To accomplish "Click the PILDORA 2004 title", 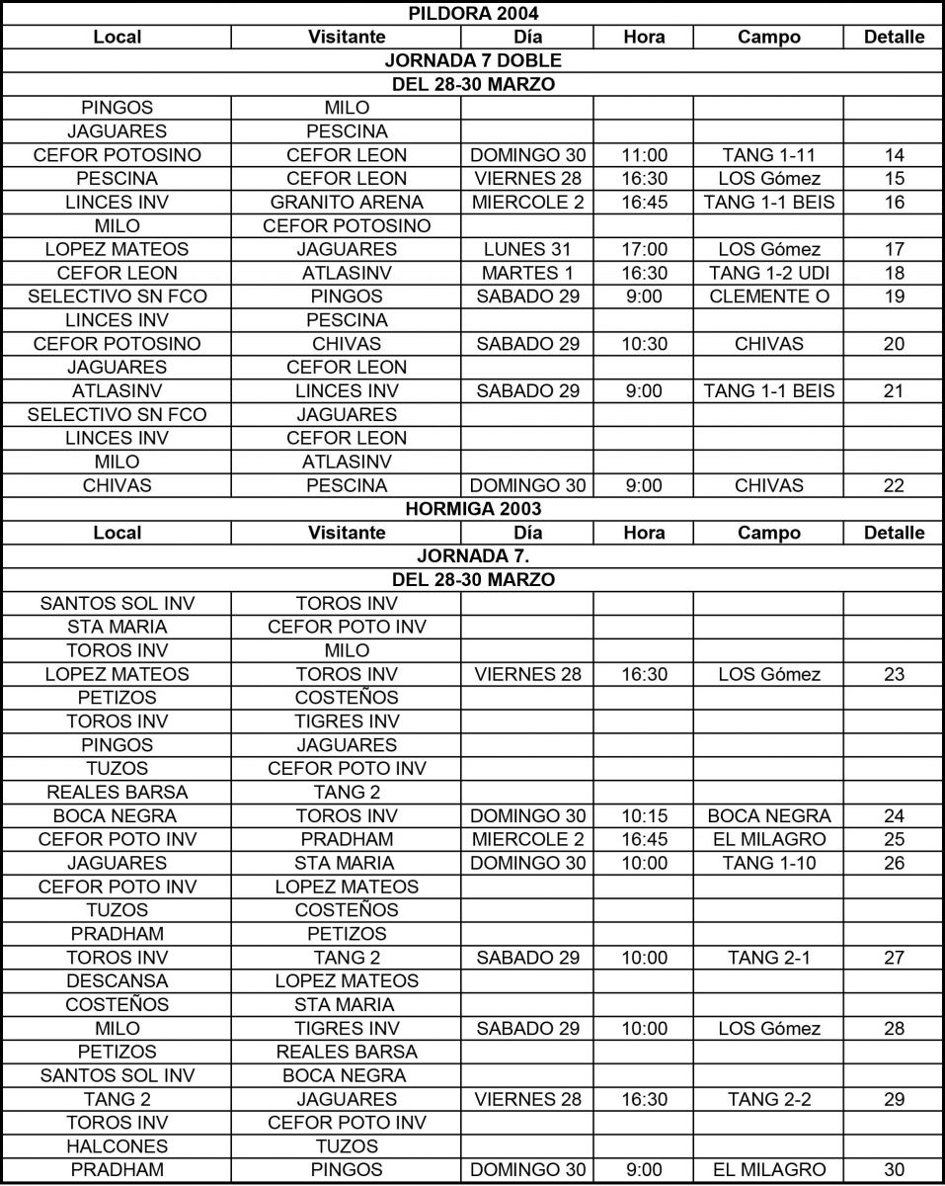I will (x=472, y=14).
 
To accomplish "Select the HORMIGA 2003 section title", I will (x=472, y=509).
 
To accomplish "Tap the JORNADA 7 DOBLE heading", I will (x=472, y=61).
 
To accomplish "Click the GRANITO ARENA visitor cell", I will (x=347, y=202).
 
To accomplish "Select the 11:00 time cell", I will (x=644, y=155).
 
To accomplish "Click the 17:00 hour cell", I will (x=644, y=249).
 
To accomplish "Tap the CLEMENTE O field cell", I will (x=769, y=296).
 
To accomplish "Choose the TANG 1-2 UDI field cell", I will (x=769, y=273).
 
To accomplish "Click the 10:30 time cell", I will (x=644, y=344).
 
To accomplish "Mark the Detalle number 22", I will (x=894, y=485).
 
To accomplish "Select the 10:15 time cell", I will (x=644, y=816).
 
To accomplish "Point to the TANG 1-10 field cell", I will (x=769, y=863).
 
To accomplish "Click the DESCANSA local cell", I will (x=118, y=981).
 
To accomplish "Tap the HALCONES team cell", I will (x=118, y=1146).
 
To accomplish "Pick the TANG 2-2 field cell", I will (x=769, y=1099).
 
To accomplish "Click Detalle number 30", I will (x=894, y=1170).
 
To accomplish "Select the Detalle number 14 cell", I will (x=894, y=155).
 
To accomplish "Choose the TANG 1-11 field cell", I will (x=769, y=155).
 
